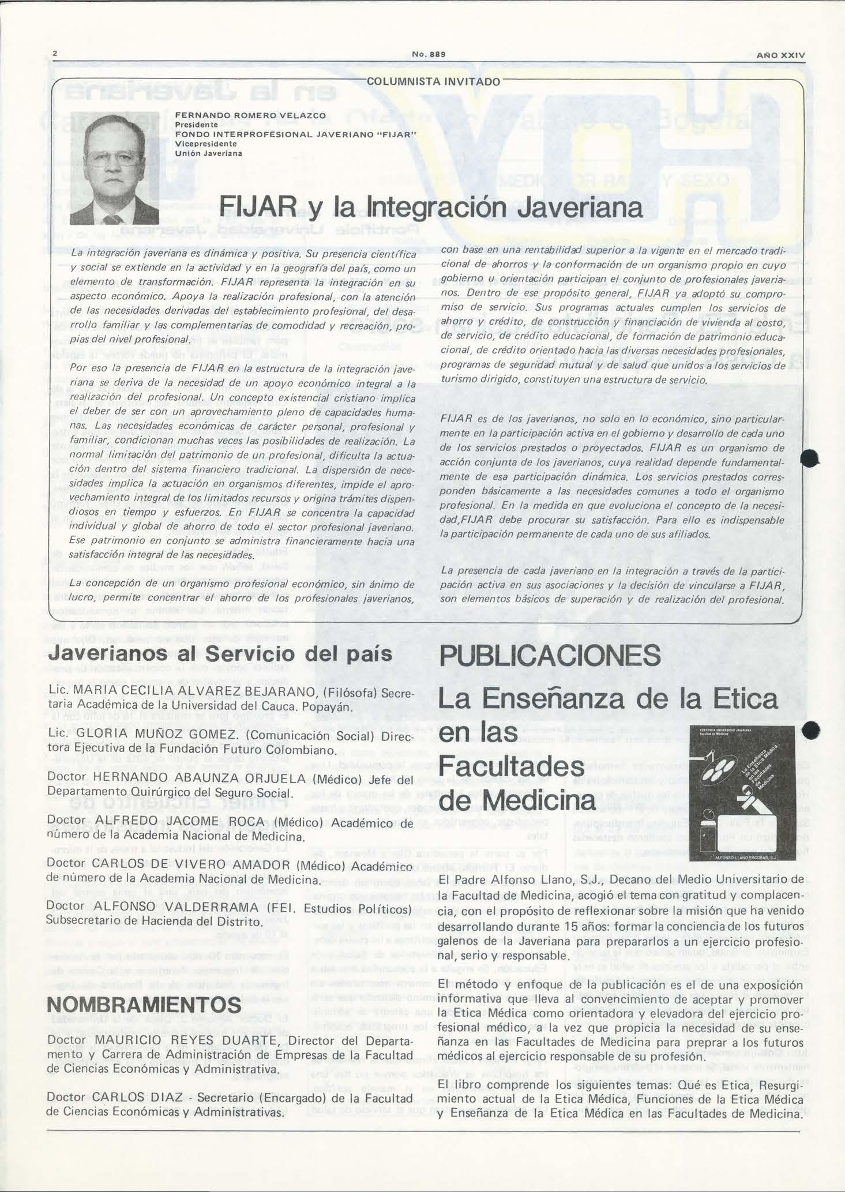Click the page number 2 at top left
pos(55,54)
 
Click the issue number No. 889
pos(426,54)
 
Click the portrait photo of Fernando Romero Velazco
pos(114,169)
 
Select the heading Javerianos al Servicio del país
pos(220,654)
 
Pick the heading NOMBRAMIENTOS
pos(144,1005)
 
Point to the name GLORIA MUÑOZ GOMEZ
pos(156,736)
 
